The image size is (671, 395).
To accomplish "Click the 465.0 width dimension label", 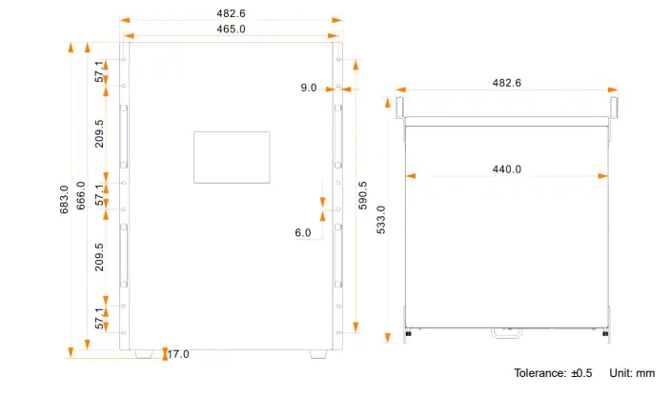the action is (x=231, y=30).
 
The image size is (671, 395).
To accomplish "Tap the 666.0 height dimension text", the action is (x=81, y=196).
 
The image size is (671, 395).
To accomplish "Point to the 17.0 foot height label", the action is (x=178, y=354).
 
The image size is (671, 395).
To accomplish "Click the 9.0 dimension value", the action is (x=309, y=88).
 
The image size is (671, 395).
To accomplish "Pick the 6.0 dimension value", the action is (x=303, y=232).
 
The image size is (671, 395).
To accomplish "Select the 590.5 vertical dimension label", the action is (x=363, y=198).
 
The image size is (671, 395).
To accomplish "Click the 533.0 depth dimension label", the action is (x=381, y=221).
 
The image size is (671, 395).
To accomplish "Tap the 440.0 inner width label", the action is (x=506, y=169).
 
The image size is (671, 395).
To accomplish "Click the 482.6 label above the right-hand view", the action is (x=506, y=83).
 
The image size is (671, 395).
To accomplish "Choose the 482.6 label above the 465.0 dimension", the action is (x=231, y=13).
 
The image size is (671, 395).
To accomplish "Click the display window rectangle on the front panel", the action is (x=232, y=157).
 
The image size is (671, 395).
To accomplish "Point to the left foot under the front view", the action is (x=143, y=354).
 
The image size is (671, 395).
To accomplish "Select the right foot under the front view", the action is (x=316, y=354).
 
